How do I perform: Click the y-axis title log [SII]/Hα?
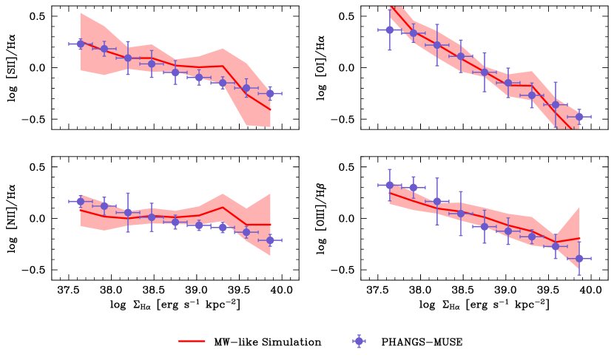13,68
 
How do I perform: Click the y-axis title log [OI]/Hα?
322,68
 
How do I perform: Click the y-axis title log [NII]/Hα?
13,219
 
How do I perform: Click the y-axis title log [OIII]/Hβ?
322,219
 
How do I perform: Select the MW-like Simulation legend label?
271,342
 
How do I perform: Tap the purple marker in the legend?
359,342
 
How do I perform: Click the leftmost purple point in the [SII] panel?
81,44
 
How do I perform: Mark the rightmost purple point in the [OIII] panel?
579,259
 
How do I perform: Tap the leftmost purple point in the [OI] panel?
390,30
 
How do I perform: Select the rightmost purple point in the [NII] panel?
270,240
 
